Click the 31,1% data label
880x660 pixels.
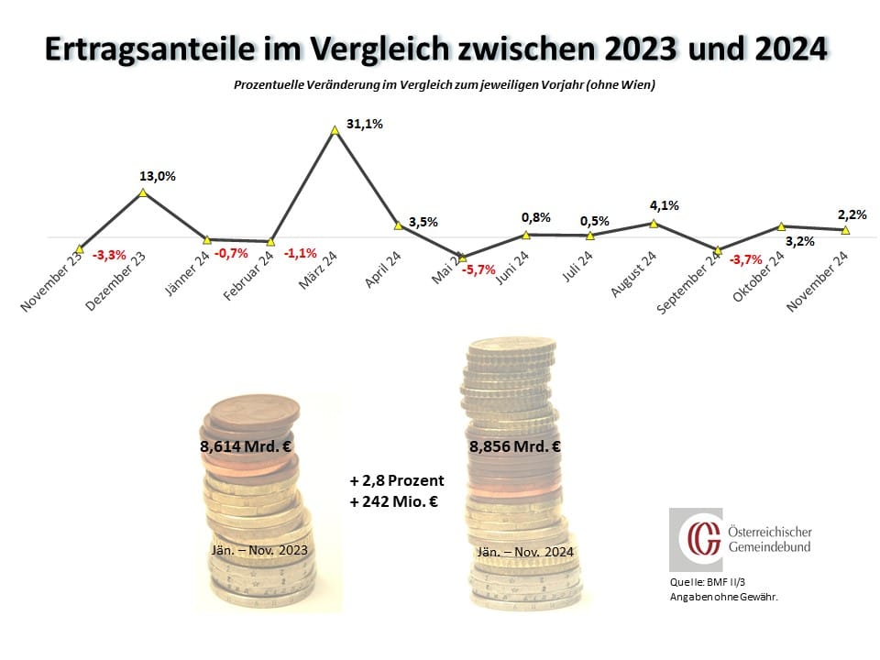(x=364, y=125)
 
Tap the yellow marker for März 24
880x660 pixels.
(x=335, y=131)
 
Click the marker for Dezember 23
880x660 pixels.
(x=143, y=192)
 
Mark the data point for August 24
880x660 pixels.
(x=654, y=223)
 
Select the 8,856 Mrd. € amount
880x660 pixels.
(x=515, y=447)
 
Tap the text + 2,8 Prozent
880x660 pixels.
(x=396, y=480)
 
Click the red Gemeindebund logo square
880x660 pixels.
(x=696, y=540)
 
